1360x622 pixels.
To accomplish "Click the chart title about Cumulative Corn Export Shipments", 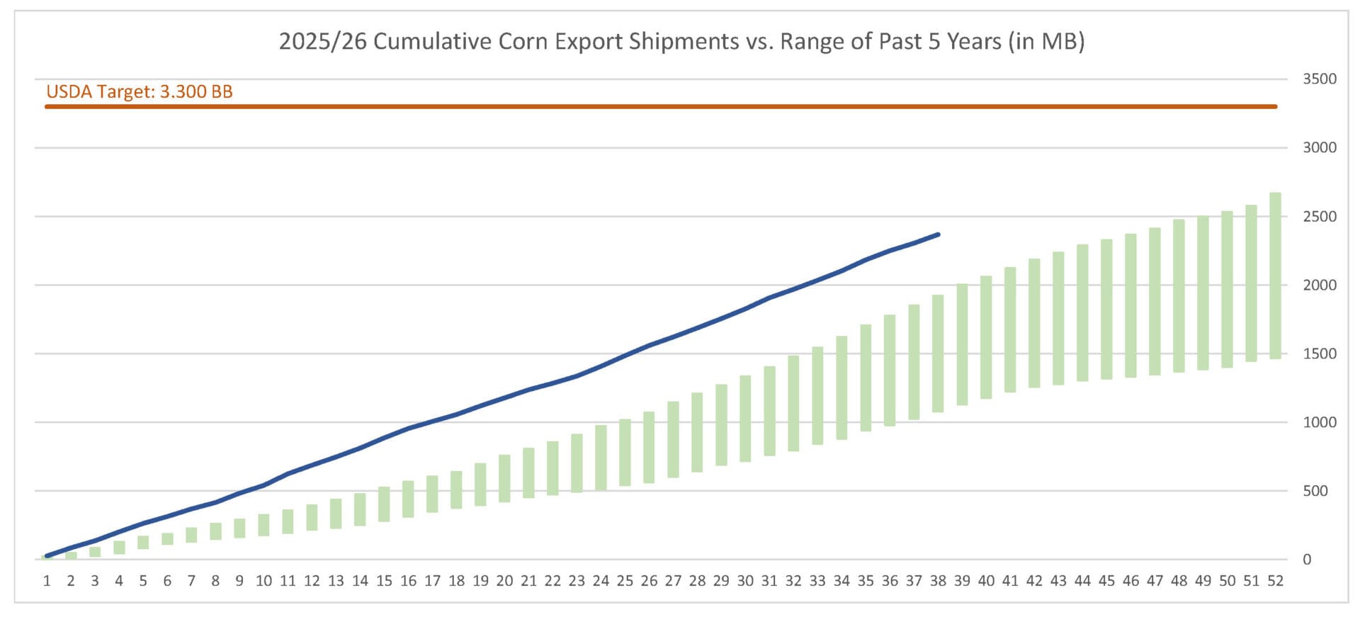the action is point(681,41).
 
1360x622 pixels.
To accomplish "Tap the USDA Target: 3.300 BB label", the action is point(140,91).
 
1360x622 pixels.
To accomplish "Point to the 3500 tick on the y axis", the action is point(1320,79).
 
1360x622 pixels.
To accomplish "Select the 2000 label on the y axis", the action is point(1320,285).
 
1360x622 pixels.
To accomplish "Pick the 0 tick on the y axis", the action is point(1307,559).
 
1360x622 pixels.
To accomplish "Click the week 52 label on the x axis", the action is point(1275,581).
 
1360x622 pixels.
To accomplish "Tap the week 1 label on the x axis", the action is point(47,581).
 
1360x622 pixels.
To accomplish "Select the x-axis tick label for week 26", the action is point(649,581).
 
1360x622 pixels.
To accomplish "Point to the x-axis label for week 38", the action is point(938,581).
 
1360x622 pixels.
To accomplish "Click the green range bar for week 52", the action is point(1275,276).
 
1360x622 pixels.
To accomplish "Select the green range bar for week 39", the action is point(962,344).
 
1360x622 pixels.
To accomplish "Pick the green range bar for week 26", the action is point(649,447).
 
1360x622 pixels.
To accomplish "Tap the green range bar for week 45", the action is point(1106,310).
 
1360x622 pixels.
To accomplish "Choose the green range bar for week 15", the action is point(384,504).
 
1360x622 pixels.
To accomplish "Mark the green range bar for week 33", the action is point(817,396).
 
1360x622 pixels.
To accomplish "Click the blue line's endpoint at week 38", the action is point(939,234).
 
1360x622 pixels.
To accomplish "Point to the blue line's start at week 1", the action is point(47,556).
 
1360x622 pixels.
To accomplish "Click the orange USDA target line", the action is point(661,107).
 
